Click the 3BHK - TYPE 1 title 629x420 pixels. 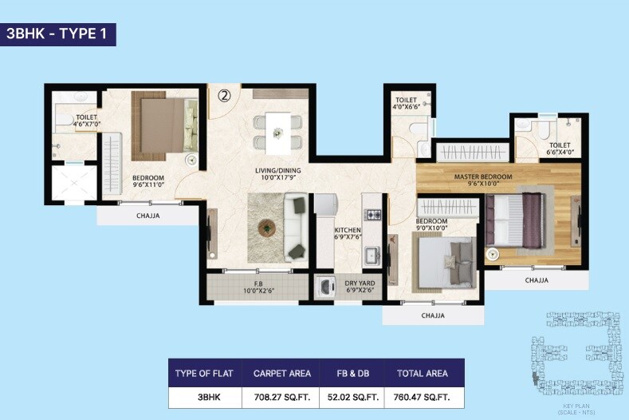[x=61, y=34]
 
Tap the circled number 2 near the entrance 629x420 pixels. [x=224, y=96]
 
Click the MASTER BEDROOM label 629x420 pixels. [x=483, y=176]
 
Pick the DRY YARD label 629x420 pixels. [x=360, y=283]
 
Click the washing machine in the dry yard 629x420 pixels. [x=326, y=287]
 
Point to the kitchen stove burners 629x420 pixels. [x=372, y=214]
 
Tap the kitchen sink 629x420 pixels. [x=372, y=256]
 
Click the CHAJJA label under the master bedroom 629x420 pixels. [x=536, y=281]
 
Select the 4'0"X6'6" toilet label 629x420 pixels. [x=407, y=104]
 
